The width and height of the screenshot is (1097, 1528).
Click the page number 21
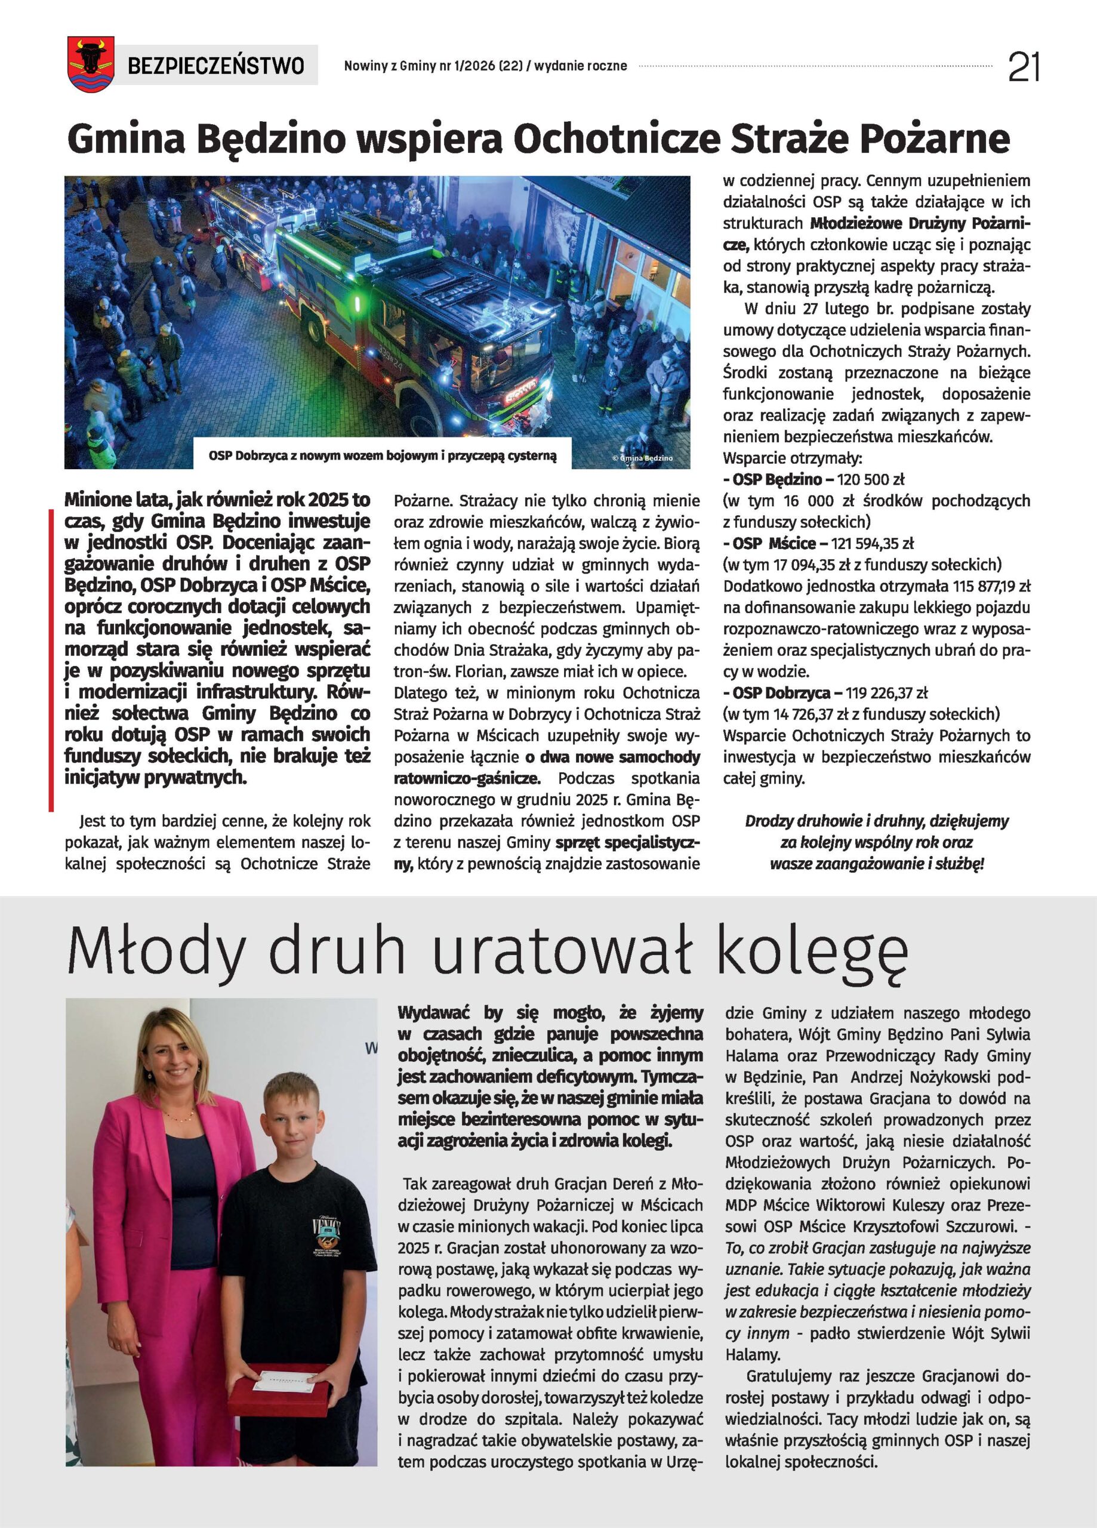coord(1024,67)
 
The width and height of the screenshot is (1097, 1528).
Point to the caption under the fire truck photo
coord(382,456)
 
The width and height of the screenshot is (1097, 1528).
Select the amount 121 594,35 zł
coord(872,544)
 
